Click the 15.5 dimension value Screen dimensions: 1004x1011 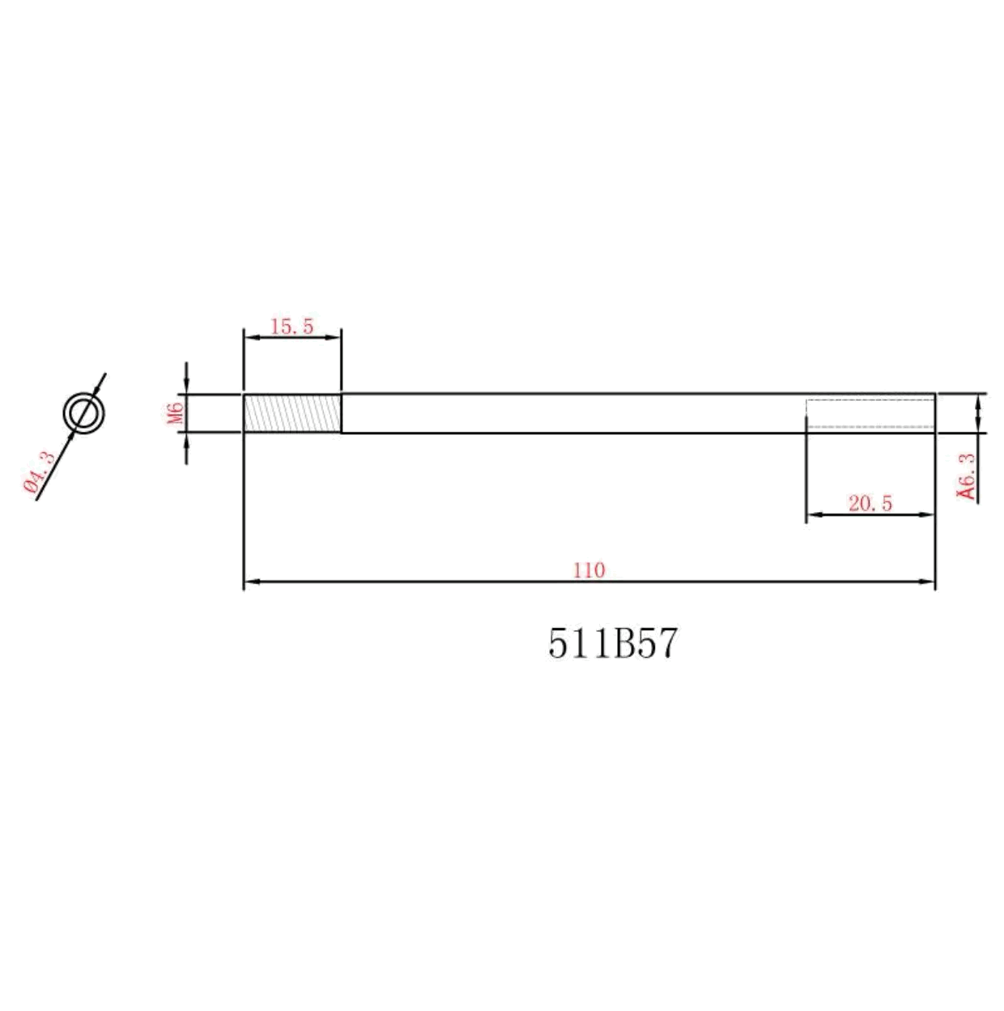pos(291,326)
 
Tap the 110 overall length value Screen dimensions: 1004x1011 pos(589,570)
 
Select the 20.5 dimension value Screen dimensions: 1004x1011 pos(870,504)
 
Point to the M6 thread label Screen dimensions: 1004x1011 pos(177,413)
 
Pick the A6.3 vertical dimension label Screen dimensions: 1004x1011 pos(966,477)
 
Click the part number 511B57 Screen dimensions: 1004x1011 pos(613,644)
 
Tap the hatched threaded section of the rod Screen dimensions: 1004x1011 pos(292,413)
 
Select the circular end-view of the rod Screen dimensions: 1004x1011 pos(84,413)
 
